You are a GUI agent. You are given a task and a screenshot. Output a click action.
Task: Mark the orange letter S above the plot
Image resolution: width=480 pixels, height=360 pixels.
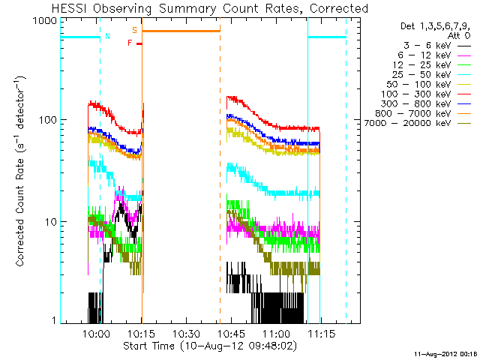[x=134, y=30]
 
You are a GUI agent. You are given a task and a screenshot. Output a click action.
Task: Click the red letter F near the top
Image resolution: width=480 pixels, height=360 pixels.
[x=130, y=43]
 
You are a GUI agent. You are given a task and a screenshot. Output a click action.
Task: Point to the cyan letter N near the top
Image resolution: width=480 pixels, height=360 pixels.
[x=107, y=35]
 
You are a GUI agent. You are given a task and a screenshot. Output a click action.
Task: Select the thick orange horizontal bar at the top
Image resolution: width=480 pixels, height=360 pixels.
[x=181, y=31]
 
